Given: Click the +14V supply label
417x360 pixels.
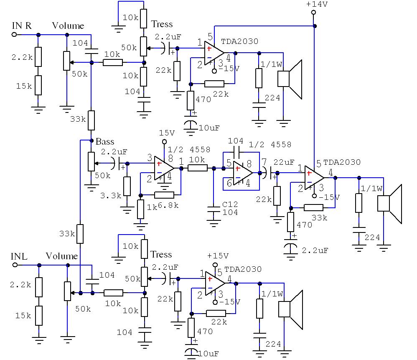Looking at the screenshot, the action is coord(317,4).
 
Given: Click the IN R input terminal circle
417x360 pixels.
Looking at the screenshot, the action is coord(14,35).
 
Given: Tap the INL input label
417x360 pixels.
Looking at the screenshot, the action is coord(19,256).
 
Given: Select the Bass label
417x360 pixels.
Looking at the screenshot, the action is coord(105,142).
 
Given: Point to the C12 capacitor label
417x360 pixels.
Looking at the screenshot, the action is coord(230,204).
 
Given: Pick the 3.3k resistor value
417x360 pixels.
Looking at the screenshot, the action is coord(111,196).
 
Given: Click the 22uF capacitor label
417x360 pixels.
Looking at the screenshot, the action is coord(284,162).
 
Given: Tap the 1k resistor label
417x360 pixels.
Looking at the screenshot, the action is coord(152,207).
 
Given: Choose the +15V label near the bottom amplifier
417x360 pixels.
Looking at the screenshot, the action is coord(218,256).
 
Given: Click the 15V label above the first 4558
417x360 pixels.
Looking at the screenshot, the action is coord(167,133).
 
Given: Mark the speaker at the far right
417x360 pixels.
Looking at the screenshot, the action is coord(389,204).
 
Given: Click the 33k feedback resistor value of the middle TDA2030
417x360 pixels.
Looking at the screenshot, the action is coord(319,218).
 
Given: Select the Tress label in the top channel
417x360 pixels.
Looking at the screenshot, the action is coord(162,24).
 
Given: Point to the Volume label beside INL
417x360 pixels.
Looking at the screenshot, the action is coord(62,256).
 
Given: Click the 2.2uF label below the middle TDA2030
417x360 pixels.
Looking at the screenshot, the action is coord(315,250).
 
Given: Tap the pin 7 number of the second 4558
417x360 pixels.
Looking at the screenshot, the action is coord(264,162).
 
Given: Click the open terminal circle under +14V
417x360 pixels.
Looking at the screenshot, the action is coord(313,12).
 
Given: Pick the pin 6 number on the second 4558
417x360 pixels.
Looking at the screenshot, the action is coord(229,183).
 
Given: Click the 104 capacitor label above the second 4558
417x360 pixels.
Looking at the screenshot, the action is coord(236,141).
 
